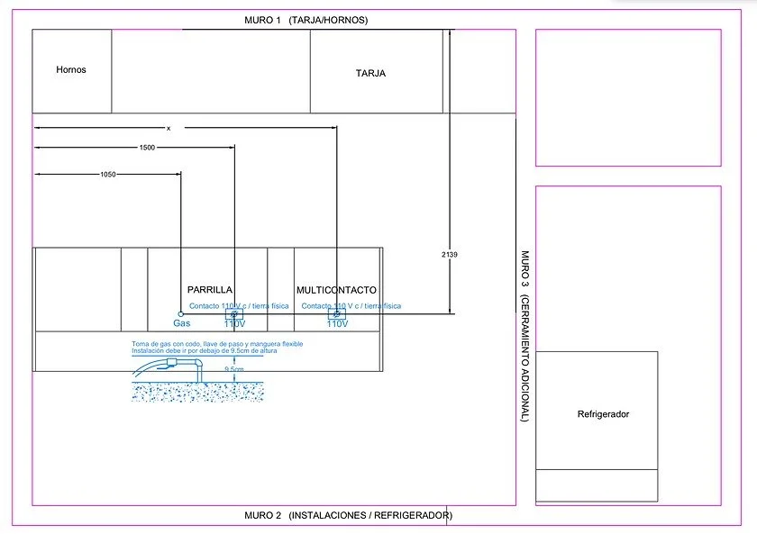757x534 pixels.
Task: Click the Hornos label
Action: pos(71,69)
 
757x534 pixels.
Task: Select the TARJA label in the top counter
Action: pos(370,74)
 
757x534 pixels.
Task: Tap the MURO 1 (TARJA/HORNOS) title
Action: pos(306,20)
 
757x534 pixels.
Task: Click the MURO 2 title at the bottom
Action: pos(348,516)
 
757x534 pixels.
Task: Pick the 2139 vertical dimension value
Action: pos(450,255)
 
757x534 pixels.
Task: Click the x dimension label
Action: pos(169,127)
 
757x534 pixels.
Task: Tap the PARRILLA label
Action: pos(210,290)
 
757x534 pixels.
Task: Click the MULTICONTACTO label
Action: pos(337,290)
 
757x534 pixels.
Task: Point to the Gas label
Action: pos(182,323)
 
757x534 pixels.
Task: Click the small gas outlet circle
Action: pos(181,314)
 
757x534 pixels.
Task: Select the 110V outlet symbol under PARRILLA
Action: pos(234,314)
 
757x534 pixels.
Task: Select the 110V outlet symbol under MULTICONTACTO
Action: pos(336,314)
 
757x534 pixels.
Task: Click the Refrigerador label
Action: pos(603,414)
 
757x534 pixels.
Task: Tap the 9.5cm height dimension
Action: pos(233,370)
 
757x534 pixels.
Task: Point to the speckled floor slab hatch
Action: pos(198,392)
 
